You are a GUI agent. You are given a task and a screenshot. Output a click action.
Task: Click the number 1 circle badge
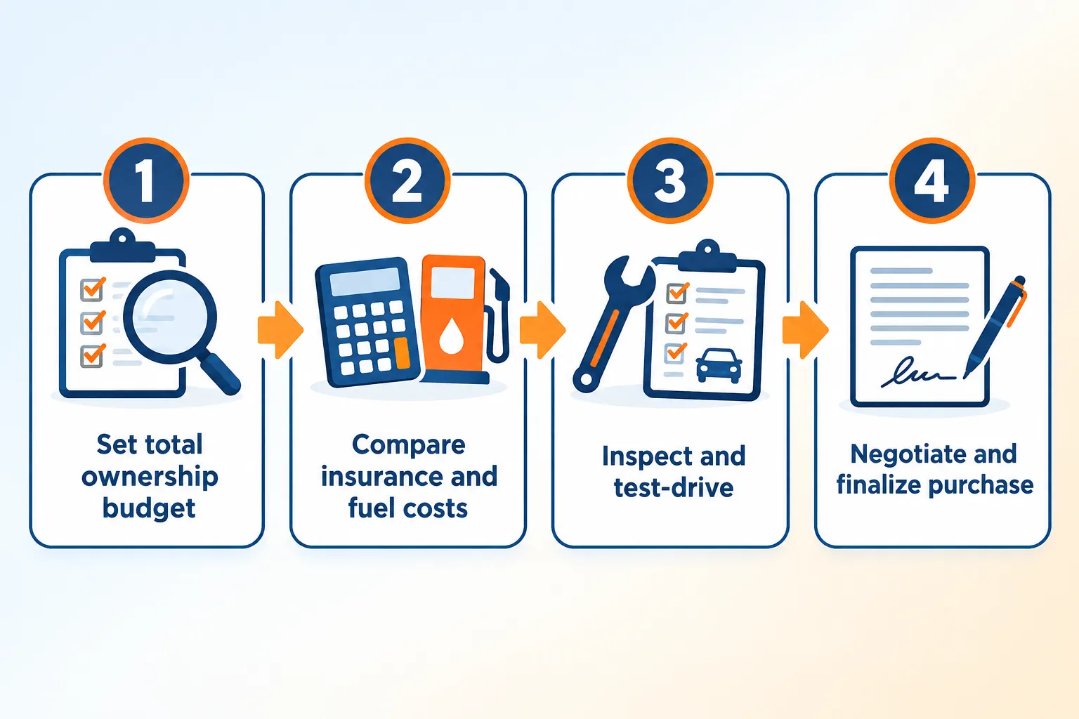[x=146, y=180]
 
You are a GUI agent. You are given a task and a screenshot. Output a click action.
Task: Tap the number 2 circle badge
[x=407, y=180]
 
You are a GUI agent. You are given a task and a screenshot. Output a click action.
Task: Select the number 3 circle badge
[x=670, y=180]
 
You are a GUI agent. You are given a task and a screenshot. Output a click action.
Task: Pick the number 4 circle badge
[x=932, y=180]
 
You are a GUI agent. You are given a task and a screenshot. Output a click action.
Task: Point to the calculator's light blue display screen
[x=365, y=282]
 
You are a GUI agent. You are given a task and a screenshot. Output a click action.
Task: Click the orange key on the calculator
[x=403, y=352]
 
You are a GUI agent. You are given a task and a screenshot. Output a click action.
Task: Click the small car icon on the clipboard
[x=719, y=366]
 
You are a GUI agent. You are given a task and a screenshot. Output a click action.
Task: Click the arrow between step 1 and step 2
[x=280, y=330]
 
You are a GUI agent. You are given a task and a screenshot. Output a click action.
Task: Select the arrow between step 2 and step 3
[x=542, y=330]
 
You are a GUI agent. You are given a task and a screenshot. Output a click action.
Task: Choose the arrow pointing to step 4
[x=805, y=330]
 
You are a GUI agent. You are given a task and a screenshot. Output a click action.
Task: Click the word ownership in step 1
[x=150, y=477]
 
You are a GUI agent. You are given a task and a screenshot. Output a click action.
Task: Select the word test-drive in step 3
[x=674, y=487]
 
